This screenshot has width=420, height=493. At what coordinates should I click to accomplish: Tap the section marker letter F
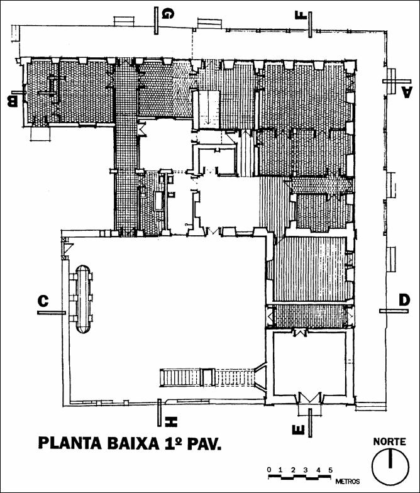(301, 15)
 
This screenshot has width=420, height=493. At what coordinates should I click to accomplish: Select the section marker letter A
(406, 93)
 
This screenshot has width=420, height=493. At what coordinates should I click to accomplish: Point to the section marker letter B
(13, 102)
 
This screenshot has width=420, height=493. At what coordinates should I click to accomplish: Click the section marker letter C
(43, 301)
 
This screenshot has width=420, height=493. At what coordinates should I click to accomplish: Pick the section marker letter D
(405, 300)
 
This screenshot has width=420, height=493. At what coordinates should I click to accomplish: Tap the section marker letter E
(298, 430)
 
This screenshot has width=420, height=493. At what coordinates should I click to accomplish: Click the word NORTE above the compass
(390, 441)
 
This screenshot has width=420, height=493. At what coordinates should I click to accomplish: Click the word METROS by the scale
(347, 482)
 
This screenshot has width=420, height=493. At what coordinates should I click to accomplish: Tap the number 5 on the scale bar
(330, 470)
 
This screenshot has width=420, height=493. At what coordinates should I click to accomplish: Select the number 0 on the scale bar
(269, 470)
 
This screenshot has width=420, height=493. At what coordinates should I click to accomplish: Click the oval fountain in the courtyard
(83, 299)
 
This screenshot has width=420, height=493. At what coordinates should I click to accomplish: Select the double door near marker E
(309, 397)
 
